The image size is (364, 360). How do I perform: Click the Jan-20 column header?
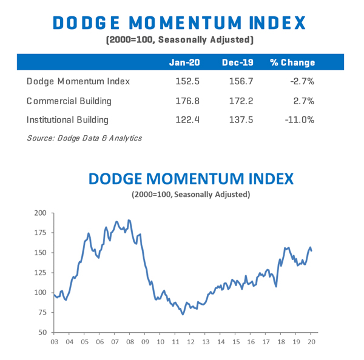pos(184,63)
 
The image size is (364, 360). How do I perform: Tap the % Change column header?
pos(292,63)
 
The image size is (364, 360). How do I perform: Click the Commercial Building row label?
pos(69,101)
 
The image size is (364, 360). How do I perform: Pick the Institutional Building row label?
pos(67,120)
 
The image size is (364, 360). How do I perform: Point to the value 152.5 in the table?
pos(186,81)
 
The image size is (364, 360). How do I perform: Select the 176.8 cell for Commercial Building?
pos(186,101)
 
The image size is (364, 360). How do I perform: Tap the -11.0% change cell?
pos(299,120)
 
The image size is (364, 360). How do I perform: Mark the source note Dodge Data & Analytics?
pos(84,138)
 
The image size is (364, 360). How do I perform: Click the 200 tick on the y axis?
pos(40,213)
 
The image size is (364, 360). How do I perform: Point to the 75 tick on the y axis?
pos(42,313)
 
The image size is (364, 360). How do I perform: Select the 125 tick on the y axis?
pos(40,273)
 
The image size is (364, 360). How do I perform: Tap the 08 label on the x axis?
pos(129,342)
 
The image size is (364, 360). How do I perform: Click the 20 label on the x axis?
pos(311,342)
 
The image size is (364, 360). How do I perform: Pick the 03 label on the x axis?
pos(54,342)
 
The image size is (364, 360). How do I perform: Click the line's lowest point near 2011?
pos(183,314)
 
